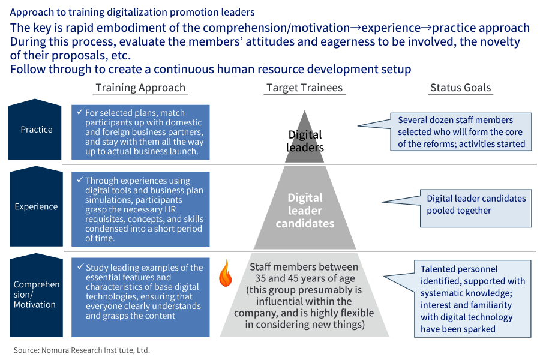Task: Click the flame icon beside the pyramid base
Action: click(x=225, y=273)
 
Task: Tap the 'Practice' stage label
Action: click(x=36, y=130)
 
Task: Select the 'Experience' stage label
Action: click(x=36, y=207)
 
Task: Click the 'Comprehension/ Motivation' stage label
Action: click(x=36, y=294)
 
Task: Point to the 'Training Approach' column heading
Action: click(x=141, y=88)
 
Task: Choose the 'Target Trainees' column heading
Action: click(x=304, y=88)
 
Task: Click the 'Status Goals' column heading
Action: click(x=460, y=88)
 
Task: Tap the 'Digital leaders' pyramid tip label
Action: click(x=305, y=141)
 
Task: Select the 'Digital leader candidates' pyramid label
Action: click(x=305, y=211)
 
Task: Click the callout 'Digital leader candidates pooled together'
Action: click(x=476, y=205)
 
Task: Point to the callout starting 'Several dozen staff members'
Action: click(x=461, y=132)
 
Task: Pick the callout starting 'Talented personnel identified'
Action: click(x=473, y=299)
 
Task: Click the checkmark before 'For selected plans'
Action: click(x=79, y=113)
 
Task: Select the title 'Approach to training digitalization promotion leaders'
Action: click(x=133, y=12)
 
